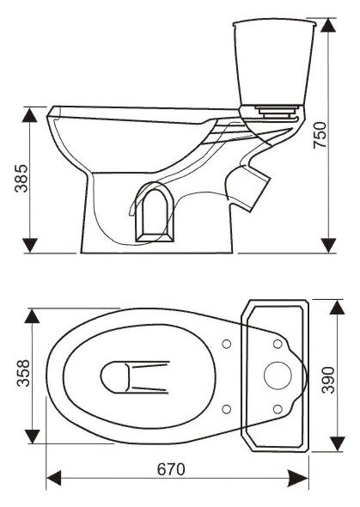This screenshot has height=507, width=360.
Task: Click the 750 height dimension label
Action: coord(320,135)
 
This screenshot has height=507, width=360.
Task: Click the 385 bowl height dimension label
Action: coord(21,178)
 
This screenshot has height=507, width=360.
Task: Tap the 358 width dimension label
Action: coord(23,373)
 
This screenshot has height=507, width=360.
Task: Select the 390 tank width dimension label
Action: coord(329,380)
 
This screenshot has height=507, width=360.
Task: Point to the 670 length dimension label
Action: coord(171,469)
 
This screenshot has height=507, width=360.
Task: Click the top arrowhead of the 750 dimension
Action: coord(329,25)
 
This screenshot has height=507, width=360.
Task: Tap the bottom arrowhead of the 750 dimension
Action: coord(329,246)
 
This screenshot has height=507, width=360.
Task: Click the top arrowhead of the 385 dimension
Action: coord(30,115)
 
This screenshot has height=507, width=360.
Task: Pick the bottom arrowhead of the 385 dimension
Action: coord(30,246)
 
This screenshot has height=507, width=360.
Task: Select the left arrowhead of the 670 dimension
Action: coord(53,478)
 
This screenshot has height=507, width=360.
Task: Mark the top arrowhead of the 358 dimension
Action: coord(32,316)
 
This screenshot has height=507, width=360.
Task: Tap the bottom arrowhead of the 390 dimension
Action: coord(338,444)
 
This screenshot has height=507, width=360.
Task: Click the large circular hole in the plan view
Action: coord(278,376)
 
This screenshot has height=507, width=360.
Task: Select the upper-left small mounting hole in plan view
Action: coord(227,344)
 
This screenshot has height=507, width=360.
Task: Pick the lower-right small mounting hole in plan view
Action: coord(278,409)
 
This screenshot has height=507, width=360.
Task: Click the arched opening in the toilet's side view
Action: coord(155,214)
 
